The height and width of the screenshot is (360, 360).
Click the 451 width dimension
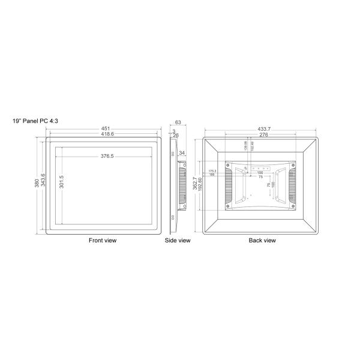[104, 128]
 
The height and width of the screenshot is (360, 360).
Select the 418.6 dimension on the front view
[104, 134]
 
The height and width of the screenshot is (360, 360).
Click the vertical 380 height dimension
[37, 183]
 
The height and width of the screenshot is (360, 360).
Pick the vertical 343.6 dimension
[43, 183]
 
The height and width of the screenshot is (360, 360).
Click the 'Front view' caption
[103, 241]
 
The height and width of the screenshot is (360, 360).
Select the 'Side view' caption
[178, 241]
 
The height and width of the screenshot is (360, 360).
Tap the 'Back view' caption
[262, 241]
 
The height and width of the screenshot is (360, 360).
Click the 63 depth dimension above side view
[178, 122]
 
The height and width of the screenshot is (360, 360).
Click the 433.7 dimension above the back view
[262, 129]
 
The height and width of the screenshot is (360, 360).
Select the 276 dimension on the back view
[262, 135]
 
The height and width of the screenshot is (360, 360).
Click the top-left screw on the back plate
[229, 165]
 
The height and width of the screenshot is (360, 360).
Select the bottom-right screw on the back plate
[295, 206]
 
